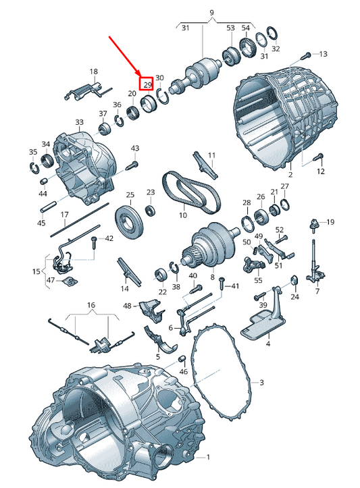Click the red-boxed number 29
[147, 84]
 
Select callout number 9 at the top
[212, 13]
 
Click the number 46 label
[184, 371]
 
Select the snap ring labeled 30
[163, 96]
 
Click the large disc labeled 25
[130, 223]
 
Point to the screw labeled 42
[94, 242]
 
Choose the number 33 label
[80, 121]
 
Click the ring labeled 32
[272, 33]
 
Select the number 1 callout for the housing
[208, 457]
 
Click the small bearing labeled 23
[151, 211]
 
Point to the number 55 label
[258, 280]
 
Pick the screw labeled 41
[222, 284]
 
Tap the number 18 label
[93, 72]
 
